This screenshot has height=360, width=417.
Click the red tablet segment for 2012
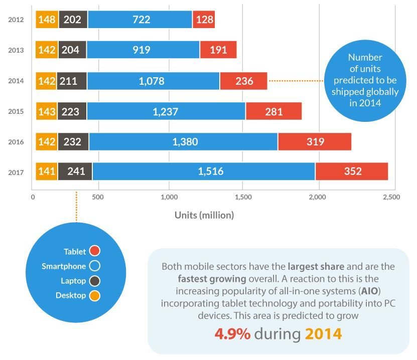(204, 20)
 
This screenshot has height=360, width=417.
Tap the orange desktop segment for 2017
(47, 171)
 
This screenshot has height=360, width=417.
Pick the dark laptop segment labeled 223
(72, 111)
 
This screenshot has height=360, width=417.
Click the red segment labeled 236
(244, 81)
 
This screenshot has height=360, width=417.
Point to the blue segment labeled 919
(143, 50)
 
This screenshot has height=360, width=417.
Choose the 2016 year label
(16, 142)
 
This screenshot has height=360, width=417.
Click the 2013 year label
(16, 50)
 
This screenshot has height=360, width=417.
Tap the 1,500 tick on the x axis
(243, 198)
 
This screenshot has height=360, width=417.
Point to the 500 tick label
(98, 198)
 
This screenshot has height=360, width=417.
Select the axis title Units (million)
(204, 215)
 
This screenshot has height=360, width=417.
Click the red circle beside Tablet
(94, 251)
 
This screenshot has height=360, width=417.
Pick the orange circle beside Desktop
(94, 295)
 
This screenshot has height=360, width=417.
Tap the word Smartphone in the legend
(64, 266)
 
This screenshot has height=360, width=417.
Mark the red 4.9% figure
(232, 334)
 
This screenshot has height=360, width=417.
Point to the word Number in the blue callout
(365, 57)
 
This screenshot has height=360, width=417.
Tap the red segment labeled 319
(315, 142)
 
